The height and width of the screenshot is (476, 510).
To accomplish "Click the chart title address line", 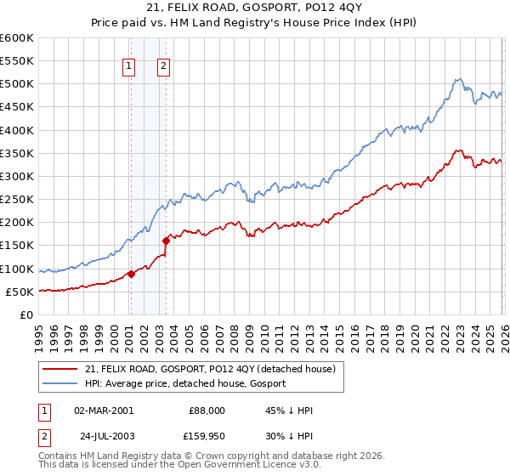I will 254,9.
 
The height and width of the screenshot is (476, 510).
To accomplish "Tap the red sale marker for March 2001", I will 131,274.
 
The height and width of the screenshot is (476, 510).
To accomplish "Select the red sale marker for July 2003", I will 167,241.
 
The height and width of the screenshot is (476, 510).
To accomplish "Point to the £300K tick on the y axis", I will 16,176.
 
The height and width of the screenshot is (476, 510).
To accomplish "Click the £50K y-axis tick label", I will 19,292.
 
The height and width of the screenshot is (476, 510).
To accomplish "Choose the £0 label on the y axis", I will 26,314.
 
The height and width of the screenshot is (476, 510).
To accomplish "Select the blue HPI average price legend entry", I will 185,383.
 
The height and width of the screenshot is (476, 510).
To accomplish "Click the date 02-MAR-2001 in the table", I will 104,411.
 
